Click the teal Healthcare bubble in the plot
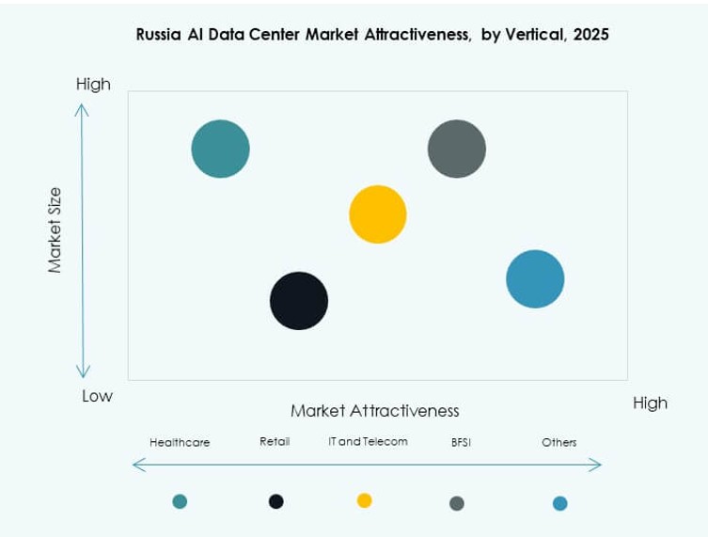click(221, 149)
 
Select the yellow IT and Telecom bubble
click(378, 214)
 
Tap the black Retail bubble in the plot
click(299, 301)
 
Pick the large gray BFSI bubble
click(457, 149)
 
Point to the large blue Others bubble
click(535, 278)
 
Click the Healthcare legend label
click(180, 442)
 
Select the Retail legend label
click(275, 441)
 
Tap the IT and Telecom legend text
click(368, 441)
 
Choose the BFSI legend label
click(460, 442)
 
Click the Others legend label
click(559, 442)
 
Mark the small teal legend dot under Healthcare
click(180, 501)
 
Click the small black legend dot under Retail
click(276, 501)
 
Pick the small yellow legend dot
click(365, 500)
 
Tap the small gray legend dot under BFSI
click(457, 503)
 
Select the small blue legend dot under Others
click(559, 503)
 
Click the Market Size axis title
click(55, 230)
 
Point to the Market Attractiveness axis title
click(374, 411)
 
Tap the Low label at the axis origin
click(97, 396)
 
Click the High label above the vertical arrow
click(93, 85)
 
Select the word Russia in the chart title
click(159, 35)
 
